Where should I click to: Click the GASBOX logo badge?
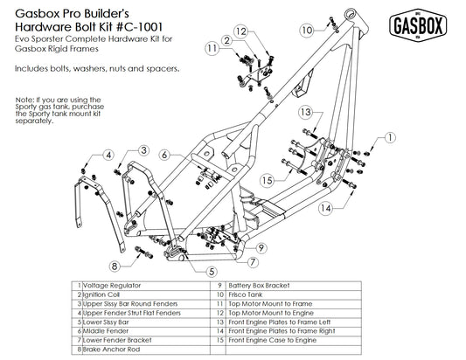[421, 26]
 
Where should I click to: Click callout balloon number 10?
[306, 30]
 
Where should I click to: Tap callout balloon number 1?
[389, 137]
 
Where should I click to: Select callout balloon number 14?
[324, 208]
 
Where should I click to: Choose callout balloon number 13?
[305, 113]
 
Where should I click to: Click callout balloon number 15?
[268, 179]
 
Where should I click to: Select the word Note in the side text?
[24, 100]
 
